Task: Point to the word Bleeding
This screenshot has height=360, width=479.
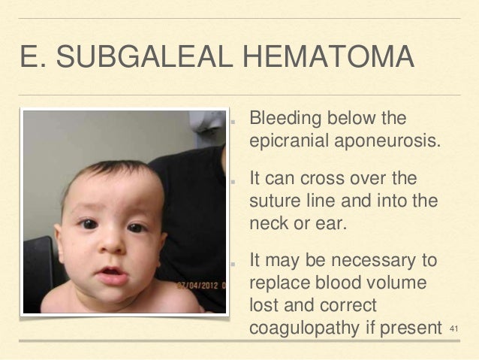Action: [284, 119]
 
